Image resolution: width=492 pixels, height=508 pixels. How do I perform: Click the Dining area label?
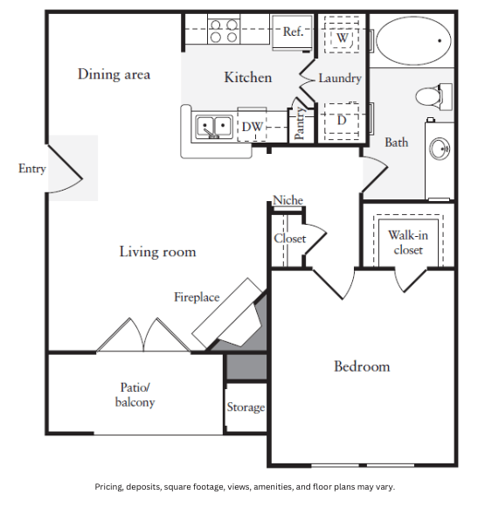click(114, 74)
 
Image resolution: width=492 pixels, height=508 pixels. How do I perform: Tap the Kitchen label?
click(248, 78)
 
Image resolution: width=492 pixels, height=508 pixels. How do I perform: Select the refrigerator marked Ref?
click(293, 32)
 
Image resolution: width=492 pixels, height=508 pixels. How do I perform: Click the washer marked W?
click(342, 38)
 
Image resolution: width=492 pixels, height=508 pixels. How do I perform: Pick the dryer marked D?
click(342, 118)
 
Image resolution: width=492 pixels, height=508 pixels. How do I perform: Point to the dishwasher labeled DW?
click(253, 128)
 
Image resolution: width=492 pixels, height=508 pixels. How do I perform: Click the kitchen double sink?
click(213, 128)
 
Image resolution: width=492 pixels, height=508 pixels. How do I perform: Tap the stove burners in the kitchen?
click(224, 31)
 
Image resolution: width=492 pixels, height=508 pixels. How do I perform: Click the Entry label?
click(32, 169)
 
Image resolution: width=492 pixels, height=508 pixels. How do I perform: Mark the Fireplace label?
click(197, 297)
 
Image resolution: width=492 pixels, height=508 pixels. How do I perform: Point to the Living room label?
click(157, 252)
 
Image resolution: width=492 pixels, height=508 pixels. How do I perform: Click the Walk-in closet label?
click(406, 242)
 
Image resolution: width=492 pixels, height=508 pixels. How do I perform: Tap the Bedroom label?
click(362, 366)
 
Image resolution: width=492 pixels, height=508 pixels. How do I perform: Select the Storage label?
click(246, 407)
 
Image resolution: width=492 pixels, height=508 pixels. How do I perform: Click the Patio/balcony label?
click(135, 394)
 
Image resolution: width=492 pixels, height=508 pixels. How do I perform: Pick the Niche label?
click(288, 200)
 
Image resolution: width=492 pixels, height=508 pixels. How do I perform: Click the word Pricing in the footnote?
click(109, 486)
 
